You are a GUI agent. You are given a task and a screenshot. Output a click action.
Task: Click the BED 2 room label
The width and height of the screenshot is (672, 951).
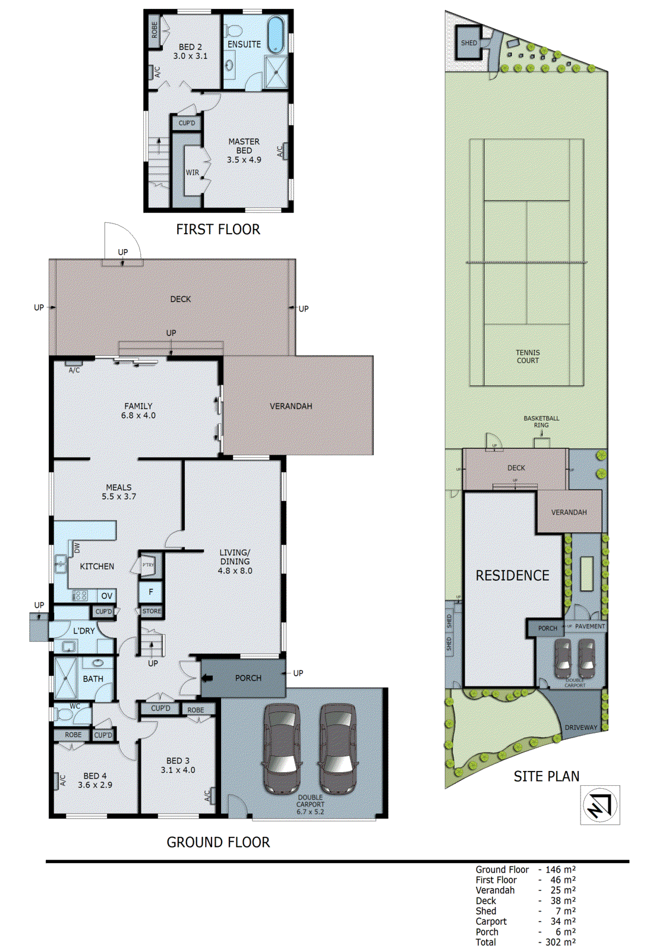pos(190,46)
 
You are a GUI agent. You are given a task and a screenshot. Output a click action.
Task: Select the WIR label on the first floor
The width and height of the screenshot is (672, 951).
pos(193,172)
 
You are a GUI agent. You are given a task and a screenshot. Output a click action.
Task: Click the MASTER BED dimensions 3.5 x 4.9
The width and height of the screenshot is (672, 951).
pos(244,160)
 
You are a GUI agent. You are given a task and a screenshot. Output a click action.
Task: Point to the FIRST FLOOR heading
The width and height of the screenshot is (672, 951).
pos(217,229)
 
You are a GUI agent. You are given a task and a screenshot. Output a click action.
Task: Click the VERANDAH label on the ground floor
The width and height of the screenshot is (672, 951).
pos(291,406)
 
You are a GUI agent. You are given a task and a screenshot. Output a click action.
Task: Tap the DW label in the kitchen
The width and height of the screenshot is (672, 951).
pos(77,547)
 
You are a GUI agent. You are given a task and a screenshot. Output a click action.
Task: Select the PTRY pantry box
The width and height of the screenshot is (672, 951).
pos(149,565)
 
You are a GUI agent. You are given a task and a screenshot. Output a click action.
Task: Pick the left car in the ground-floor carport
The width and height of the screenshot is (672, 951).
pos(282,749)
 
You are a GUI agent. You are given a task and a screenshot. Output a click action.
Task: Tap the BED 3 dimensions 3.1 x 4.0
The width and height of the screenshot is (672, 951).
pos(178,770)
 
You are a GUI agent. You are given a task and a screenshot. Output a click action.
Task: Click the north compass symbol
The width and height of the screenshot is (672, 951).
pos(600,805)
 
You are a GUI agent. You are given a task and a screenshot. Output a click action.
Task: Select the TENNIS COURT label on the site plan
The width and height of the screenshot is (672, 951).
pos(528,356)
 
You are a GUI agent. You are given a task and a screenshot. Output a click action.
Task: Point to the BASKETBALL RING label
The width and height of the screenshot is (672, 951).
pos(541,421)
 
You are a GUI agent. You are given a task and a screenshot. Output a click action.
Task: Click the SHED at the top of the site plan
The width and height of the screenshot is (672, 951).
pos(469,43)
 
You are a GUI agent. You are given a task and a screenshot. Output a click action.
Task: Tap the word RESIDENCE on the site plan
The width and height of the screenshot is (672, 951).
pos(512,575)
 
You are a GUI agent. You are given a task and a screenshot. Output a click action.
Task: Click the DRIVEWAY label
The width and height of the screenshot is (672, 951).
pos(580,728)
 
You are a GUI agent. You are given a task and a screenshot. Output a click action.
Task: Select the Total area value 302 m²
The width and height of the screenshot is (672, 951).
pos(560,942)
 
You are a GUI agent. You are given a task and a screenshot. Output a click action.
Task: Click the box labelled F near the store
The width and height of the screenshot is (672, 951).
pos(151,591)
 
